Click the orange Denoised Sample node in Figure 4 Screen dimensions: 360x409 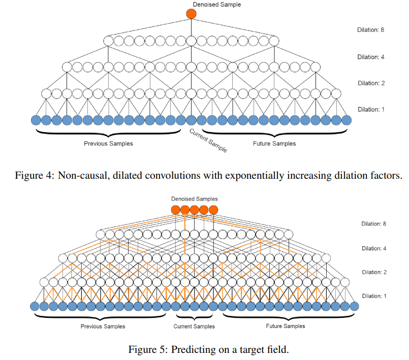pyautogui.click(x=191, y=14)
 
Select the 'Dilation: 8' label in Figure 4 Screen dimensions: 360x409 pyautogui.click(x=370, y=30)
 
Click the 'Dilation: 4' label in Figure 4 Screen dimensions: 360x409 pyautogui.click(x=370, y=57)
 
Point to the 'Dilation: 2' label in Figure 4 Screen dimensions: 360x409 pyautogui.click(x=370, y=83)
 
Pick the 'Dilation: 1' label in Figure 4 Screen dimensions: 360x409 pyautogui.click(x=370, y=109)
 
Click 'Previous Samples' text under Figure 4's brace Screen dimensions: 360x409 pyautogui.click(x=108, y=144)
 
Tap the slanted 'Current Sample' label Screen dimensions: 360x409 pyautogui.click(x=208, y=141)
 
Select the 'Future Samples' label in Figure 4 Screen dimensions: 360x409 pyautogui.click(x=274, y=144)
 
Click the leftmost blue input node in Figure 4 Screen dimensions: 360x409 pyautogui.click(x=36, y=120)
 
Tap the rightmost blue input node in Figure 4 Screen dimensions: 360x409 pyautogui.click(x=347, y=120)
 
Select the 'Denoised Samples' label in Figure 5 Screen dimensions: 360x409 pyautogui.click(x=194, y=199)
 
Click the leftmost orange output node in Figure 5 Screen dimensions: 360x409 pyautogui.click(x=175, y=210)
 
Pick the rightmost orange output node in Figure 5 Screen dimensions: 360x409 pyautogui.click(x=213, y=210)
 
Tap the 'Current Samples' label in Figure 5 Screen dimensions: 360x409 pyautogui.click(x=194, y=326)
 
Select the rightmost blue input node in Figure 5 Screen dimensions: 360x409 pyautogui.click(x=354, y=306)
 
